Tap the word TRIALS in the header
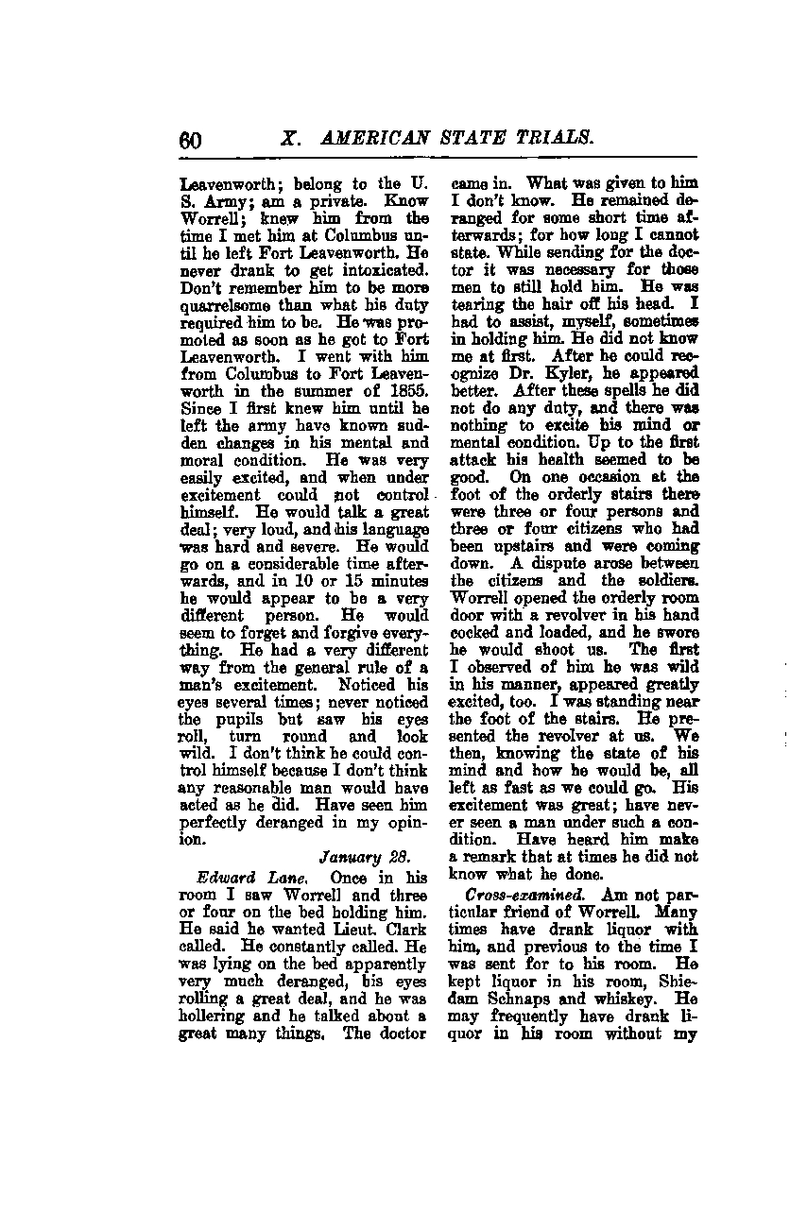tap(553, 137)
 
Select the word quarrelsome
tap(228, 305)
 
